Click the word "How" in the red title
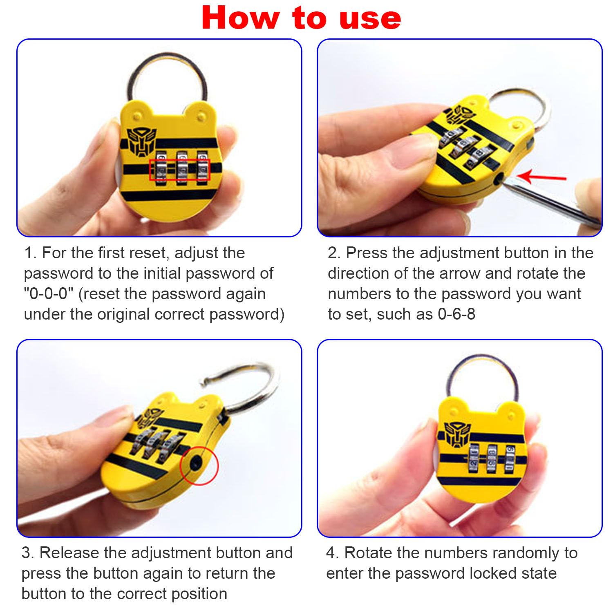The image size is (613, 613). [x=241, y=18]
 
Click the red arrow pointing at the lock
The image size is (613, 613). [x=541, y=177]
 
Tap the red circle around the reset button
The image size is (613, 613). [x=199, y=466]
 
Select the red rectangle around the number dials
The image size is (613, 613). [x=180, y=170]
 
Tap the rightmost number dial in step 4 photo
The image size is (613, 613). [x=510, y=460]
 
